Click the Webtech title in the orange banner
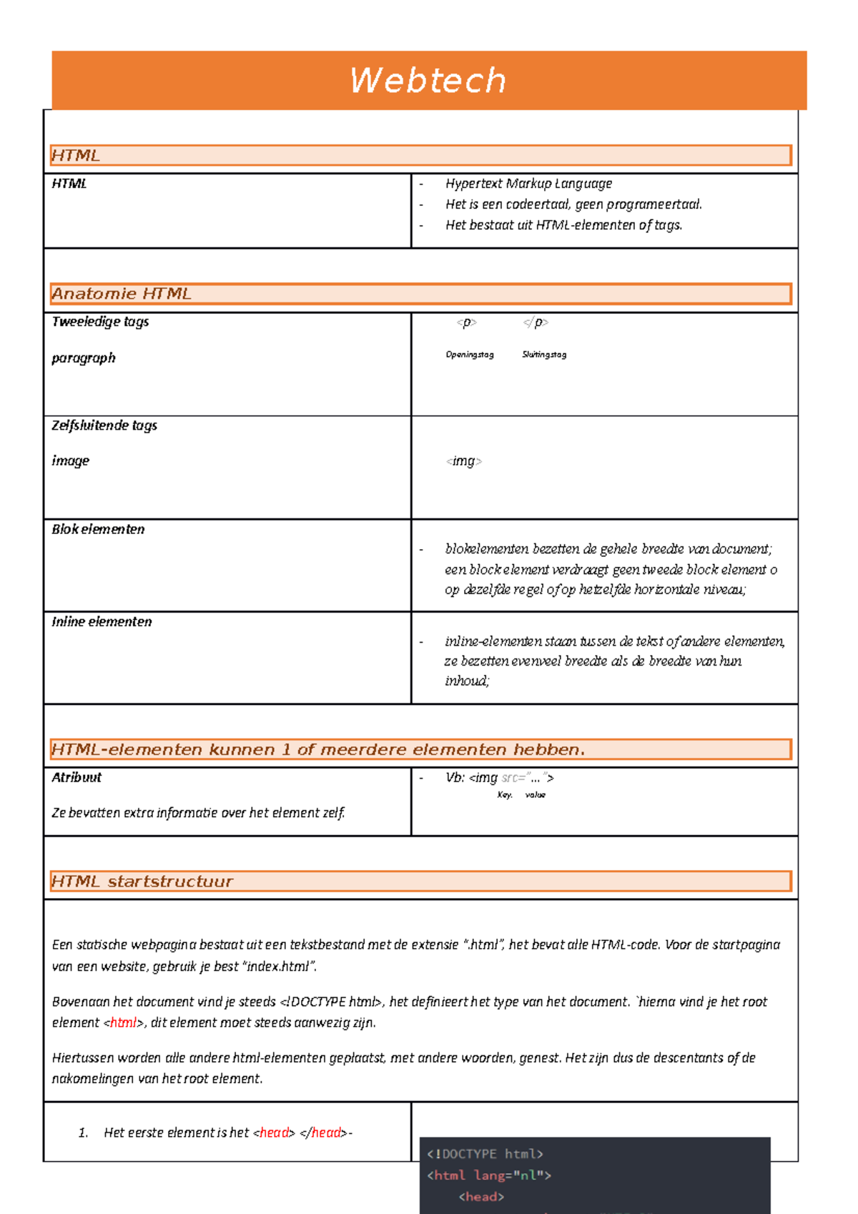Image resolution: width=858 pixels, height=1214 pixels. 428,80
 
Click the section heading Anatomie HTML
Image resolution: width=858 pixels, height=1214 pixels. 122,294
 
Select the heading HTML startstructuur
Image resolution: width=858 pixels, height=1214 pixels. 142,882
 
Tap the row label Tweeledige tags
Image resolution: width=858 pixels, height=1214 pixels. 100,322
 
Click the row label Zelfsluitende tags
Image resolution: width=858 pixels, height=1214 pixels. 104,425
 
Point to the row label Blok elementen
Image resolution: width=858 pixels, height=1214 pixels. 98,529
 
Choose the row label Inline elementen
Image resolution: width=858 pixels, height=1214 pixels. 102,621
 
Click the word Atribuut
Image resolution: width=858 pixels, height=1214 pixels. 77,777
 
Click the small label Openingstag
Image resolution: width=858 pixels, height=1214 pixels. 470,355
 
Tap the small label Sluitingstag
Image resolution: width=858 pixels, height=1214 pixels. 544,355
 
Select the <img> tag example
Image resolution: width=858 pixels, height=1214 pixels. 464,461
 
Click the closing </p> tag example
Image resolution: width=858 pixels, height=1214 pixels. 536,322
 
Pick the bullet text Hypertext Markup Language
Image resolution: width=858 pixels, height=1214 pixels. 528,184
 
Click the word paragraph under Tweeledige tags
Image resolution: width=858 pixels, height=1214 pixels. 84,357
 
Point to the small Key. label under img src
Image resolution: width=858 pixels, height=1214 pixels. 505,795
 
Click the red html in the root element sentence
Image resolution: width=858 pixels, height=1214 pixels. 123,1022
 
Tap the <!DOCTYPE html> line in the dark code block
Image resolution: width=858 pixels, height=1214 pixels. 485,1154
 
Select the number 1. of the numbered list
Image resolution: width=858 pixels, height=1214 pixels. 83,1132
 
